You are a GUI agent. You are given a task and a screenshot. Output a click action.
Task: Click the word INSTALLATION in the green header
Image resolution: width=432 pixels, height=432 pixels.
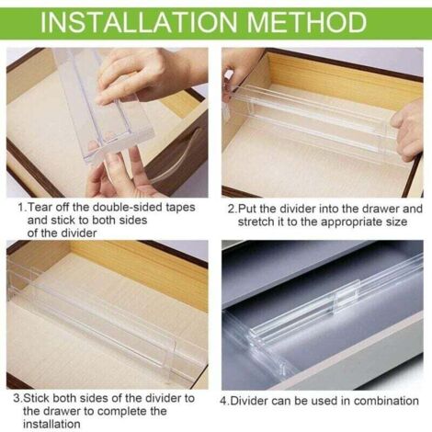point(139,22)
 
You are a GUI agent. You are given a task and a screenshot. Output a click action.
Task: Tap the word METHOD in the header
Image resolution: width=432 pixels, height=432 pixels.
point(306,22)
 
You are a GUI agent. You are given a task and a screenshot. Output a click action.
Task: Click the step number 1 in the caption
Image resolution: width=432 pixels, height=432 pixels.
point(21,208)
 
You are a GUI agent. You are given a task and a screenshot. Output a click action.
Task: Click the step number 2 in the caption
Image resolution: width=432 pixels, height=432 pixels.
point(232,210)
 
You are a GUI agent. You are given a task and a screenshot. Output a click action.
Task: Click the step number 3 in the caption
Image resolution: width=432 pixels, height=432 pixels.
point(17,399)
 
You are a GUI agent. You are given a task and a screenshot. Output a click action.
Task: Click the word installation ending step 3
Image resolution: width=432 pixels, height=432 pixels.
point(51,425)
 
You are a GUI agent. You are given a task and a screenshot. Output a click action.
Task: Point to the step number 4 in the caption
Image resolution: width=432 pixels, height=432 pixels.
point(223,401)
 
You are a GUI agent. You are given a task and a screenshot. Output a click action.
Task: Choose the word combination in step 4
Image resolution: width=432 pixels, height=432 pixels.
point(386,401)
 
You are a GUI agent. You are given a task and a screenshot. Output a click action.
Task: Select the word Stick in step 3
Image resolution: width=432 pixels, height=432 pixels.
point(37,399)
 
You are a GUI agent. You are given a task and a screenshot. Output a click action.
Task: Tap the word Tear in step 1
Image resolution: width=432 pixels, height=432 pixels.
point(39,208)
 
